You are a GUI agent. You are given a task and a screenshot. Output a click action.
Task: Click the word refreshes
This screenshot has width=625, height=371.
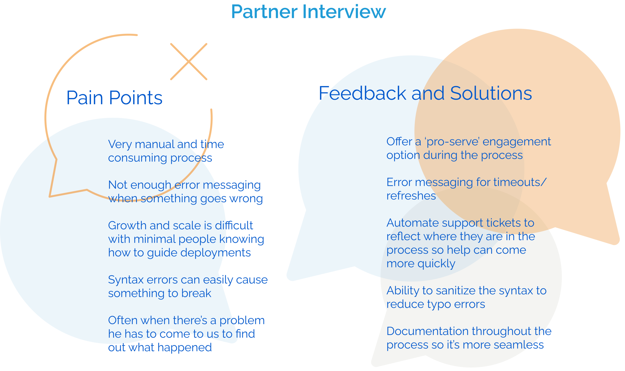coord(411,196)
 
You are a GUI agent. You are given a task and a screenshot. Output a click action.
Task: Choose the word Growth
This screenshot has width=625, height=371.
coord(127,226)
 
